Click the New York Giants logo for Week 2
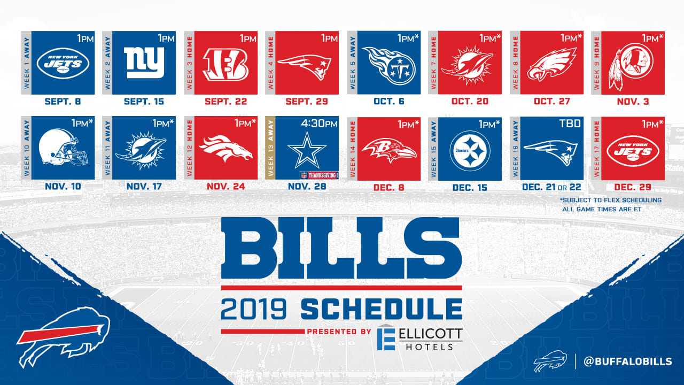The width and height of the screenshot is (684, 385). (144, 63)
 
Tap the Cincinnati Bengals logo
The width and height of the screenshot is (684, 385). (226, 65)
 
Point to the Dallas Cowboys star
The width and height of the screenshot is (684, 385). (307, 150)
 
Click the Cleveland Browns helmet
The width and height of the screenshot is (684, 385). (63, 147)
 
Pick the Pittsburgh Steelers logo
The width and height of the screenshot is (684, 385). (470, 151)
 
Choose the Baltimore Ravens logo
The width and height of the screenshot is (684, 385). (388, 150)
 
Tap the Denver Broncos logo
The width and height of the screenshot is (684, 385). (226, 149)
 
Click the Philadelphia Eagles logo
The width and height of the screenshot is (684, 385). (551, 64)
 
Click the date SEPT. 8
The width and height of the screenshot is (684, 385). (63, 102)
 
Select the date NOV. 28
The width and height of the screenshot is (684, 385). (307, 187)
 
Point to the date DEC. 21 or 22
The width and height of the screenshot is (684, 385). (551, 187)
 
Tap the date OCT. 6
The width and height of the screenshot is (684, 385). (389, 102)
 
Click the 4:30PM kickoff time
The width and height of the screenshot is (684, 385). (320, 124)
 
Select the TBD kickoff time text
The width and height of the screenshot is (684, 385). (570, 124)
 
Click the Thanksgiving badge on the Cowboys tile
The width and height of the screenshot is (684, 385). (319, 175)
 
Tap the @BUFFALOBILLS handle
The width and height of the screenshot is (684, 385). (628, 361)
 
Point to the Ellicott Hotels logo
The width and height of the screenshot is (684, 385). (420, 337)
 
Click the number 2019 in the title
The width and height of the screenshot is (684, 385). (254, 309)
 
